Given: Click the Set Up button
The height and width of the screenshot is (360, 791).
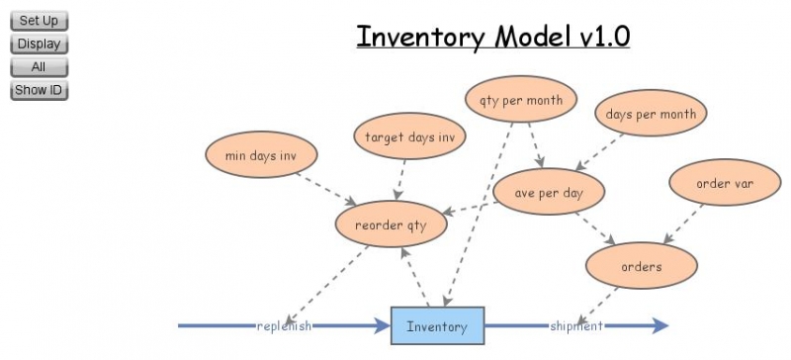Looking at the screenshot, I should [39, 21].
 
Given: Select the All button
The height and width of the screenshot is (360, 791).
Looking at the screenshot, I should [39, 67].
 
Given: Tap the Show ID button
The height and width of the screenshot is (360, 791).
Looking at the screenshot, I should [39, 90].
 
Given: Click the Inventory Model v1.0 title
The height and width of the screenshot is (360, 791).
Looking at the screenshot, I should [492, 37].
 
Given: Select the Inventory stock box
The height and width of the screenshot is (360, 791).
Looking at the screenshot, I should [436, 325].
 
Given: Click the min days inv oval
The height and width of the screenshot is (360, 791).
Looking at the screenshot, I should [261, 155].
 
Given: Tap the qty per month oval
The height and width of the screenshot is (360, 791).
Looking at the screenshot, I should [521, 100].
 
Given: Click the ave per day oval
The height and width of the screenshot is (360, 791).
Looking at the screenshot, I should [549, 193].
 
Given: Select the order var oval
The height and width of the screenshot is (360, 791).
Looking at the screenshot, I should [726, 183].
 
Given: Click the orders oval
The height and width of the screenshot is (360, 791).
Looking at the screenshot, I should [642, 266].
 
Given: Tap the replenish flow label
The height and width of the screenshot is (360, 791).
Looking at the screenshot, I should [285, 325].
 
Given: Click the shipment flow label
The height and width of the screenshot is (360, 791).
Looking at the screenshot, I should [576, 325].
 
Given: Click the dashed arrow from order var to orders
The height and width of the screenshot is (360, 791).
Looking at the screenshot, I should [684, 225].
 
